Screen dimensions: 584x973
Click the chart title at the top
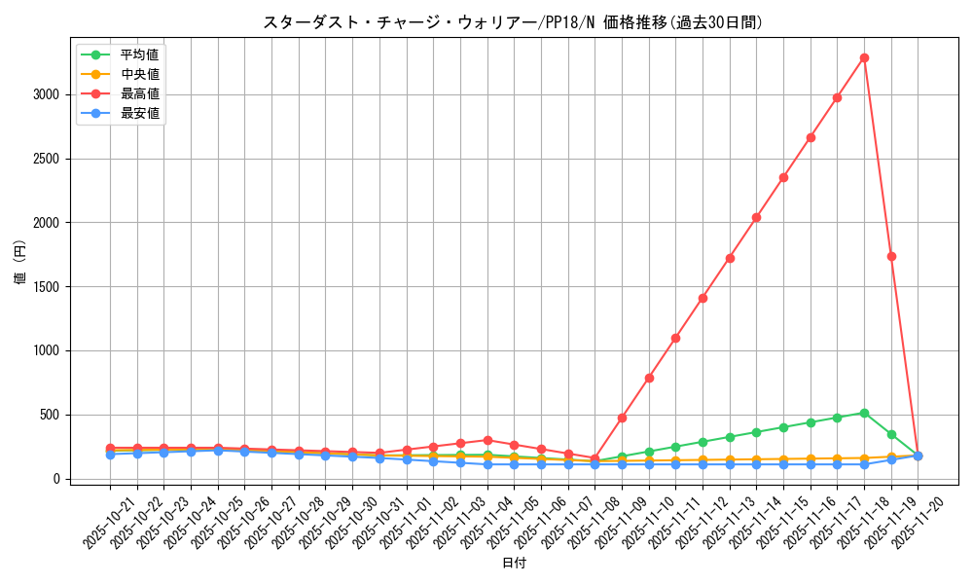coord(513,22)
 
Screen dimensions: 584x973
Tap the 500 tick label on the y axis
coord(48,415)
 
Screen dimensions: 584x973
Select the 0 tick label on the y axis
coord(55,479)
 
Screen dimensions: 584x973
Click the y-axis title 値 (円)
coord(20,262)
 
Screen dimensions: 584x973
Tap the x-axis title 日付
coord(513,564)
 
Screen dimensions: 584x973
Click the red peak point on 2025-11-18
coord(864,57)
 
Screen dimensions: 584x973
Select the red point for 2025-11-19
coord(891,256)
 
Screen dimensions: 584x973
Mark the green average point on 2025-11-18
coord(864,413)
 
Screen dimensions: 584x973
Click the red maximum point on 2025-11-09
coord(622,418)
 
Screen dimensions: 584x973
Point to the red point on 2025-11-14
coord(756,217)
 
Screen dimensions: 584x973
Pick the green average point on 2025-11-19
coord(891,434)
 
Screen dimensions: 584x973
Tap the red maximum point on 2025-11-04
coord(487,440)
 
